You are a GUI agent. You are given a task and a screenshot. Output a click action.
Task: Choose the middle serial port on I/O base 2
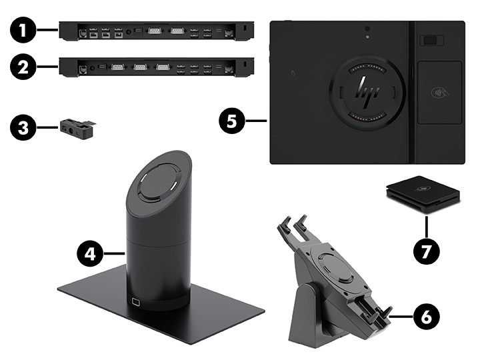point(139,67)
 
